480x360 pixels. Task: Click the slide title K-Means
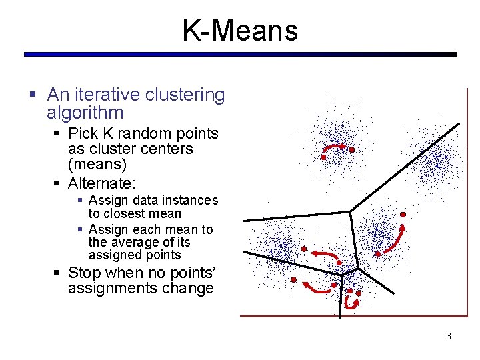[240, 31]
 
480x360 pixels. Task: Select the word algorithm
[85, 113]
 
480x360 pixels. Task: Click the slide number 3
[448, 336]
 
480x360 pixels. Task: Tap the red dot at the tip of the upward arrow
[403, 215]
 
